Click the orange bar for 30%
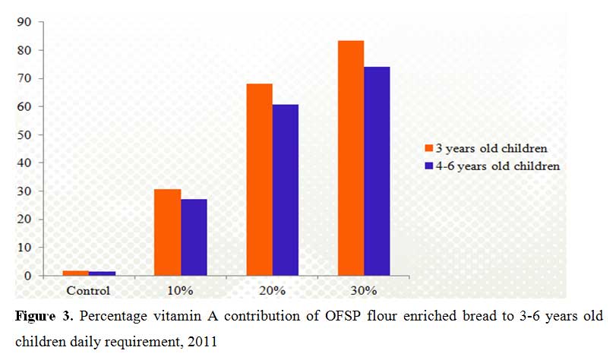[x=351, y=158]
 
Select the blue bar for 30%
[x=377, y=171]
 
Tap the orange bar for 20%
[x=259, y=179]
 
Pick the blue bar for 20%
[x=286, y=190]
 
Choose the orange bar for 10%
[x=167, y=232]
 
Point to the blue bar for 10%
[x=194, y=238]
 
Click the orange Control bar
[x=76, y=273]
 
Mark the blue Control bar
[x=102, y=273]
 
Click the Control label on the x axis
[x=88, y=291]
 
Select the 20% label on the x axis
[x=272, y=291]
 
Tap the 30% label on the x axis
[x=363, y=291]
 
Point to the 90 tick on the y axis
[x=24, y=22]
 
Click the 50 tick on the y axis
[x=24, y=134]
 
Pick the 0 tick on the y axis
[x=27, y=276]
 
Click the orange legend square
[x=428, y=148]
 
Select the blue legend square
[x=428, y=166]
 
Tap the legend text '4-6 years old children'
[x=498, y=166]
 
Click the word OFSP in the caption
[x=343, y=316]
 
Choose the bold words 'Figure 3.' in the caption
[x=44, y=317]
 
